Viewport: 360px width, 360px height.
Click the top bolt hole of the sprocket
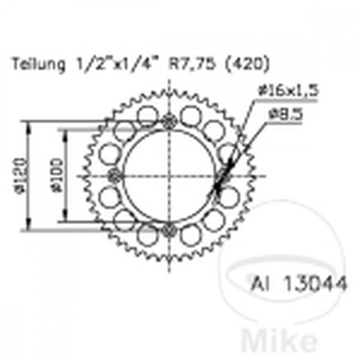point(170,120)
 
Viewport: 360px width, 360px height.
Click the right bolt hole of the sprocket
point(224,175)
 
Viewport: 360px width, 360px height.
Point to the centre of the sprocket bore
point(170,175)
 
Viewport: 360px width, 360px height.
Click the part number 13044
point(315,284)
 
